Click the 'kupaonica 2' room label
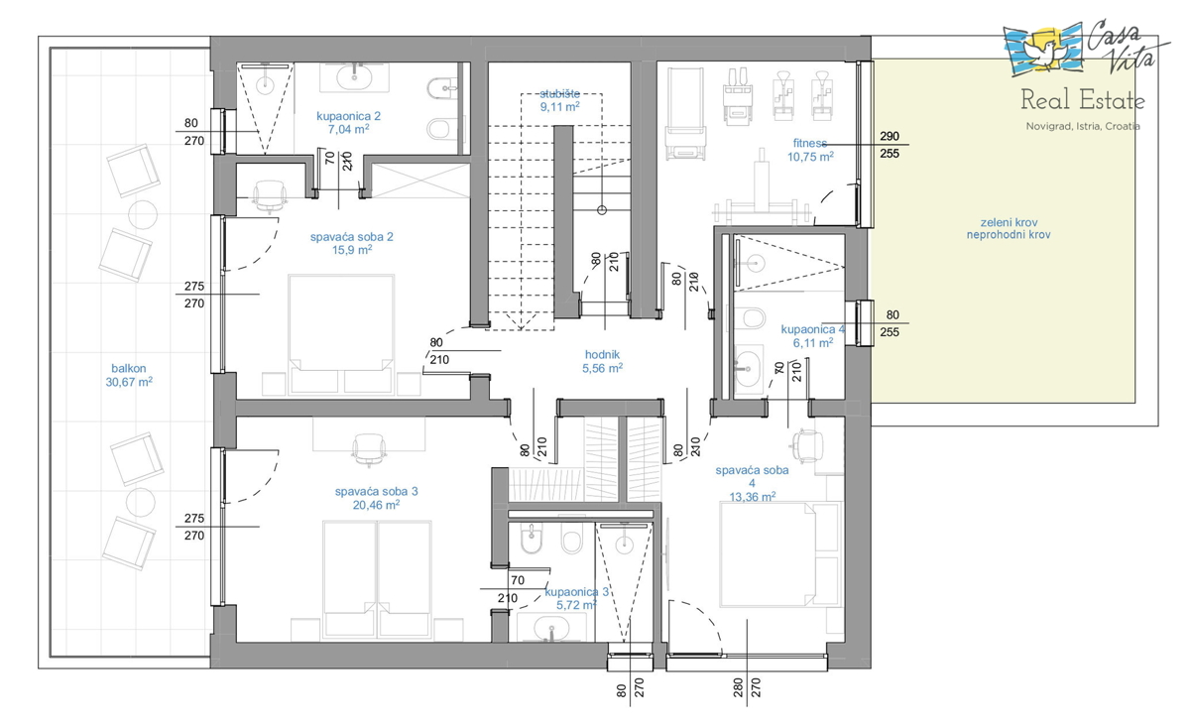[x=348, y=116]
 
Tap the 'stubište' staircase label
[x=560, y=94]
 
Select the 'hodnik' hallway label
[x=603, y=354]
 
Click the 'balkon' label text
[x=129, y=368]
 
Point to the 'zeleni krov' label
[x=1009, y=222]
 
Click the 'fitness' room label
[x=810, y=143]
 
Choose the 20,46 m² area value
[x=376, y=505]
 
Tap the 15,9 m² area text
[x=352, y=250]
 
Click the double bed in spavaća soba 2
[x=341, y=335]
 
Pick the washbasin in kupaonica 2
[x=354, y=77]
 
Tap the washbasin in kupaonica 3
[x=552, y=628]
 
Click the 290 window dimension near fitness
[x=890, y=136]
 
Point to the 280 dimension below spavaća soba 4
[x=738, y=687]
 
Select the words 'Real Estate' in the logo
[x=1082, y=100]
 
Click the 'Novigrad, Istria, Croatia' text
[x=1083, y=127]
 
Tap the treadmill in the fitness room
[x=686, y=113]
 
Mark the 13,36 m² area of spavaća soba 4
[x=753, y=497]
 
